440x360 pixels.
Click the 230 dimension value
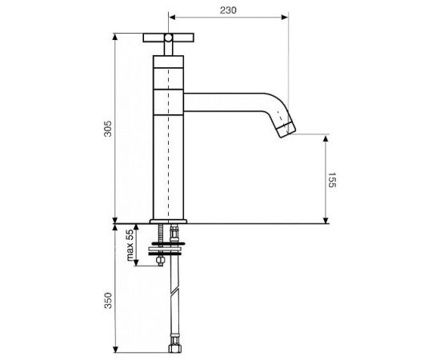[228, 10]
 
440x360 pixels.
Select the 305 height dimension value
[108, 129]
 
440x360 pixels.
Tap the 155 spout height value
[332, 180]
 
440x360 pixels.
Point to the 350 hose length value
[108, 301]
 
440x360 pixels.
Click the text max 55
[130, 245]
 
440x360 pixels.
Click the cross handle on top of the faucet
[168, 38]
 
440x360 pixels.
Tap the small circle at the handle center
[168, 38]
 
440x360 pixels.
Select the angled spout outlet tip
[286, 130]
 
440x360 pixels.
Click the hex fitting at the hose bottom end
[175, 348]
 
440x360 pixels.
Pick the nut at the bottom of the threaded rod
[160, 261]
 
